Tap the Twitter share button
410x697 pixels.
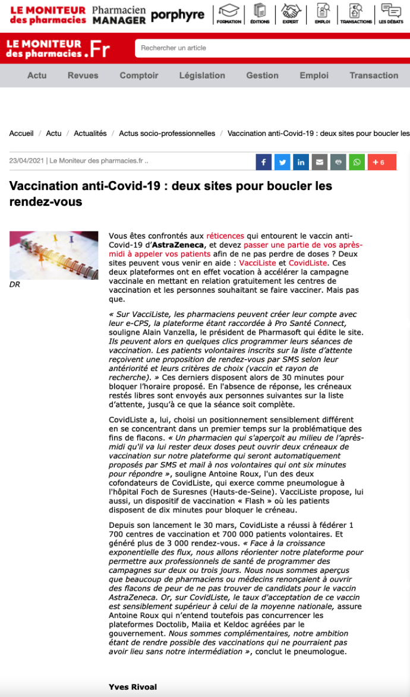point(282,162)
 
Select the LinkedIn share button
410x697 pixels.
point(301,162)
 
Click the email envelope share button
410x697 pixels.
point(320,162)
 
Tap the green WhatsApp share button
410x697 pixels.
point(357,162)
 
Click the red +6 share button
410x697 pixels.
point(381,162)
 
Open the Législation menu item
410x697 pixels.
point(202,75)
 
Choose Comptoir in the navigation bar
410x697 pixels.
point(139,75)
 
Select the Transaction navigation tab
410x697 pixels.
point(374,75)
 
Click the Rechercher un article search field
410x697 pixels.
point(267,48)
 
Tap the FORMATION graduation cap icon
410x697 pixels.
point(229,14)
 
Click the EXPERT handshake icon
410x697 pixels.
point(291,14)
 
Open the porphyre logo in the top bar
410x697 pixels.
point(178,15)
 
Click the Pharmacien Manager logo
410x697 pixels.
point(119,15)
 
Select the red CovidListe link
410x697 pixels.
point(308,262)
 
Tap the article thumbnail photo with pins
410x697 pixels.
point(53,255)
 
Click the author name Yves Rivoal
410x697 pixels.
point(133,687)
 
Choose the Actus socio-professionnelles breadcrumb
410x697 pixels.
point(167,134)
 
